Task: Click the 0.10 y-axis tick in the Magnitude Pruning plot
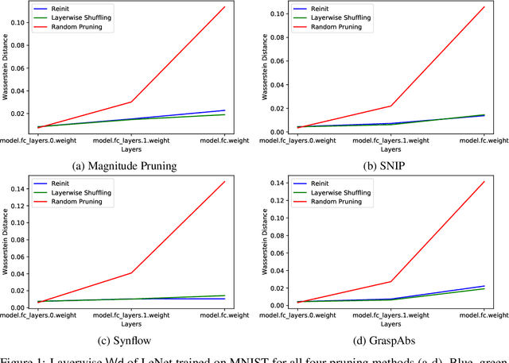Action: (x=17, y=22)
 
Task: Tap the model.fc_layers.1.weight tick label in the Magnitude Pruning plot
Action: (x=132, y=138)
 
